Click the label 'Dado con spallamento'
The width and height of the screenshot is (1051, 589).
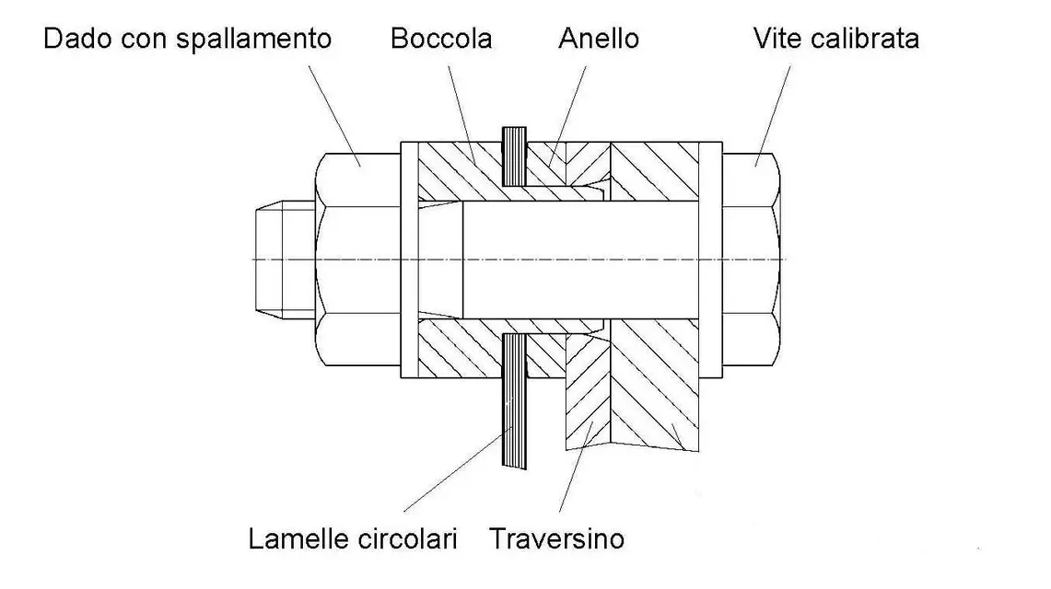(x=188, y=39)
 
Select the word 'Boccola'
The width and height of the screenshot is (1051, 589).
(x=441, y=39)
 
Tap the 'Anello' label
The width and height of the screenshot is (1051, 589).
(x=599, y=39)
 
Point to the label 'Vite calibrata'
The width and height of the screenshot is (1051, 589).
(x=835, y=39)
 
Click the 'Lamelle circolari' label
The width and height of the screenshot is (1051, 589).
(x=353, y=538)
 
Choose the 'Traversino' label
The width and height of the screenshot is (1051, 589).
(x=556, y=538)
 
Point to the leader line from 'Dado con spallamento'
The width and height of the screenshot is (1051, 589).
(x=334, y=116)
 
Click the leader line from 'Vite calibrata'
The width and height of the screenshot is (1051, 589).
(x=773, y=115)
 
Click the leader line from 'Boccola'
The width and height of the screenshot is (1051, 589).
(x=461, y=115)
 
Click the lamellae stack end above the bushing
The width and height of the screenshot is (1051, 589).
(x=514, y=156)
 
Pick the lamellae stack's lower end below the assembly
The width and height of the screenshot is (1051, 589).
(x=514, y=400)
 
